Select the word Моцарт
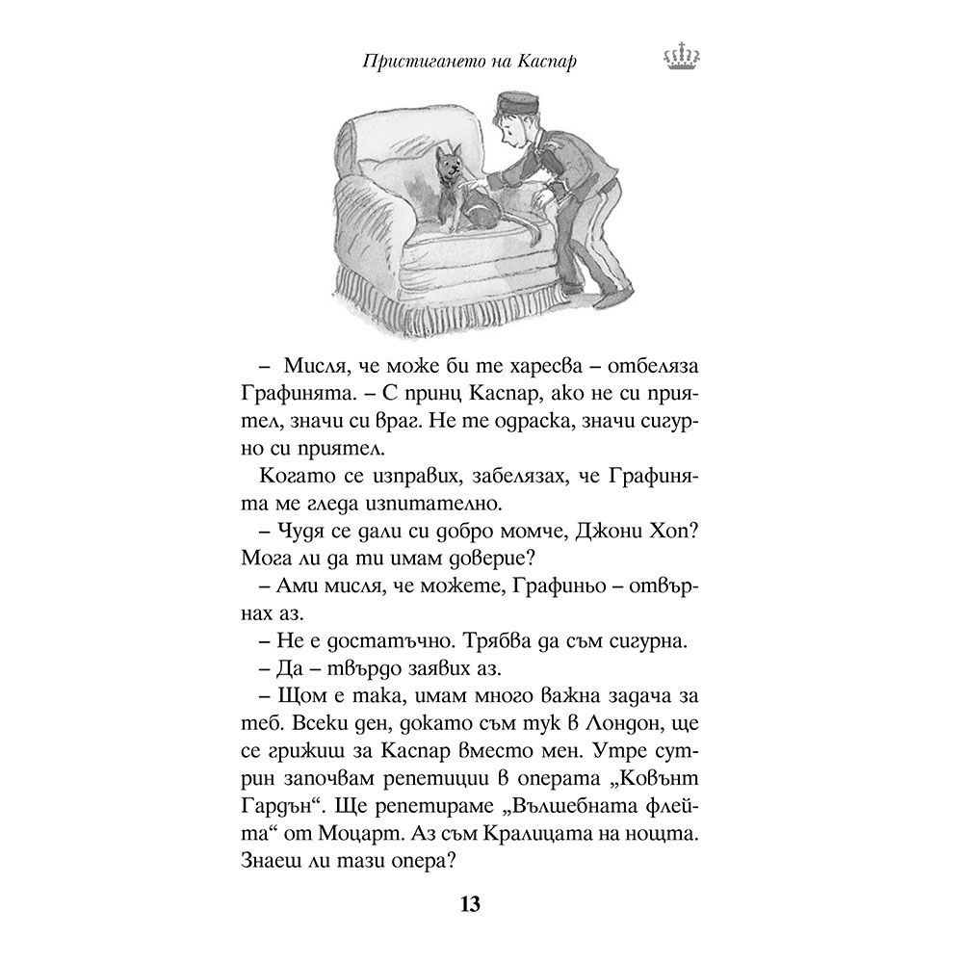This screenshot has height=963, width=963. (x=370, y=800)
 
